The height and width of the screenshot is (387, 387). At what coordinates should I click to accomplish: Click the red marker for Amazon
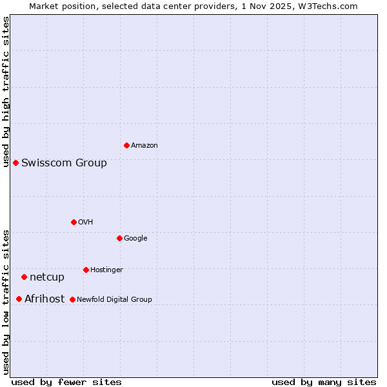pyautogui.click(x=126, y=145)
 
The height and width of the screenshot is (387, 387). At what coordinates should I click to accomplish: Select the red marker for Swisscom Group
pyautogui.click(x=15, y=163)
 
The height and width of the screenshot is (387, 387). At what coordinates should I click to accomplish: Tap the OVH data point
pyautogui.click(x=74, y=222)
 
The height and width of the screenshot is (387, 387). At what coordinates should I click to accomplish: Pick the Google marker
pyautogui.click(x=119, y=238)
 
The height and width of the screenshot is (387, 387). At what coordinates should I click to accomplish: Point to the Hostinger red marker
pyautogui.click(x=86, y=270)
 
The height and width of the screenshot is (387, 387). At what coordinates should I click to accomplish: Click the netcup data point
pyautogui.click(x=24, y=277)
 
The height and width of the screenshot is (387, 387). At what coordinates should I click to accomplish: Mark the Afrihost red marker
pyautogui.click(x=19, y=299)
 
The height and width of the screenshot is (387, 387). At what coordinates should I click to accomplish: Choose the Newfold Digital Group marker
pyautogui.click(x=72, y=299)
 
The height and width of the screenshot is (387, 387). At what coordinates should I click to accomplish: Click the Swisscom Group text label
pyautogui.click(x=64, y=163)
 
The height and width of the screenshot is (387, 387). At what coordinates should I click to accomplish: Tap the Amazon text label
pyautogui.click(x=144, y=146)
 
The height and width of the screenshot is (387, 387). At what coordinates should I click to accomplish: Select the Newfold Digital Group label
pyautogui.click(x=114, y=299)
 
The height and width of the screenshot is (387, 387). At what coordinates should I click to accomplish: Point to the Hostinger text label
pyautogui.click(x=106, y=270)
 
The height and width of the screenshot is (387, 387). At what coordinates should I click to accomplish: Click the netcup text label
pyautogui.click(x=47, y=277)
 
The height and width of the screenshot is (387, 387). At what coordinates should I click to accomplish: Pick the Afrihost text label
pyautogui.click(x=45, y=299)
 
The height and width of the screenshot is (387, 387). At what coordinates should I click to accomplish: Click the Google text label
pyautogui.click(x=135, y=239)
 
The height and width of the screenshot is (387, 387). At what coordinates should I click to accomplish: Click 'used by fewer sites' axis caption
pyautogui.click(x=66, y=382)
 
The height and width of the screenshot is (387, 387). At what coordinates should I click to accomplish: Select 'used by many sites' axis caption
pyautogui.click(x=324, y=382)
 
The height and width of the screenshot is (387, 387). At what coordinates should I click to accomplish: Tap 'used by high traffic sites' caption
pyautogui.click(x=6, y=91)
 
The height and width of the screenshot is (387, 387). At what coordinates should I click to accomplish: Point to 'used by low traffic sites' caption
pyautogui.click(x=6, y=301)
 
